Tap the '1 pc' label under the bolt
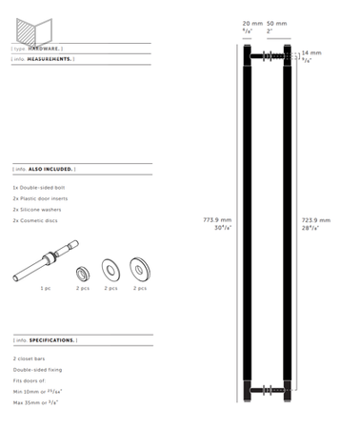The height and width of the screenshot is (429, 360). coord(46,287)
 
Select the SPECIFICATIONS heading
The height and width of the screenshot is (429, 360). coord(52,339)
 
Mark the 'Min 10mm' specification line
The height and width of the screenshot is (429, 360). coord(39,391)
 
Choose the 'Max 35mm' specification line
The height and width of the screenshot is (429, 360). coord(37,402)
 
